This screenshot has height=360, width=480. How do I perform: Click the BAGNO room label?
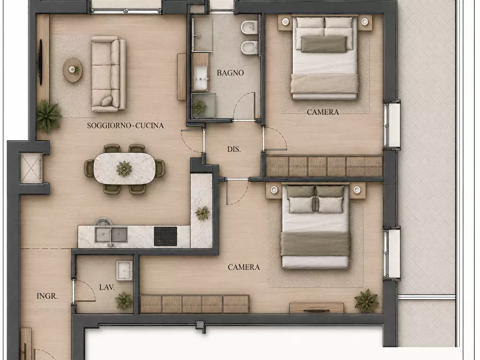click(x=230, y=73)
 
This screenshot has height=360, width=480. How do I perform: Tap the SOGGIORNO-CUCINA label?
click(x=125, y=126)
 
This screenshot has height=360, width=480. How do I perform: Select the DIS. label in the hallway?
click(x=234, y=149)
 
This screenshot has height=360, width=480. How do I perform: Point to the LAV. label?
click(x=107, y=287)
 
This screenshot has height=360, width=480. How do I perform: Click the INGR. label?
click(x=47, y=296)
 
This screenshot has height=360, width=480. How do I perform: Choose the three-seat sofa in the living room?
click(x=109, y=74)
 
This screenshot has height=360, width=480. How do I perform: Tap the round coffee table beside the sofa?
click(x=73, y=70)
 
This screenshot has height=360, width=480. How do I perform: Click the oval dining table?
click(x=124, y=169)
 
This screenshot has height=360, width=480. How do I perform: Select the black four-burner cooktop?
click(x=166, y=236)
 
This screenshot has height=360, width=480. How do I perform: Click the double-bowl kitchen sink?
click(x=111, y=235)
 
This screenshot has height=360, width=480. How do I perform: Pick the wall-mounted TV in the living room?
click(x=40, y=62)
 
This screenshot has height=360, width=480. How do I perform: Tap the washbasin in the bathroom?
click(x=201, y=78)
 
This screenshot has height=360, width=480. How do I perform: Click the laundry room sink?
click(x=124, y=271)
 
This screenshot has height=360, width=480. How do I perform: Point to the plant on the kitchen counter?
click(x=202, y=213)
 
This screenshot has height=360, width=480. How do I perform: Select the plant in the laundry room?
click(x=124, y=300)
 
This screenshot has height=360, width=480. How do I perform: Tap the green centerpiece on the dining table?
click(x=124, y=169)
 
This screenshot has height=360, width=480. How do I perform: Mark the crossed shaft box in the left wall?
click(x=31, y=168)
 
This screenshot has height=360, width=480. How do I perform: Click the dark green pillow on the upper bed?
click(x=324, y=44)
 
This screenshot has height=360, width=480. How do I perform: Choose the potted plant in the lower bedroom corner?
click(x=367, y=301)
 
